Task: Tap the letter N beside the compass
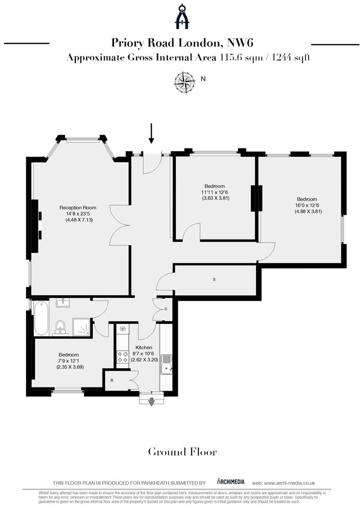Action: coord(203,79)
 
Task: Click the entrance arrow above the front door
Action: coord(151,133)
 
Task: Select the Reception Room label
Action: coord(78,207)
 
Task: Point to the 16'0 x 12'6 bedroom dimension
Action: coord(307,205)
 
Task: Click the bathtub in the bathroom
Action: coord(41,319)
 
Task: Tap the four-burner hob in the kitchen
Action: coord(123,356)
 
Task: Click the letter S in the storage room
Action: coord(214,279)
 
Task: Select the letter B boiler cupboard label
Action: coord(112,380)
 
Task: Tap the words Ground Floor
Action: coord(182,452)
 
